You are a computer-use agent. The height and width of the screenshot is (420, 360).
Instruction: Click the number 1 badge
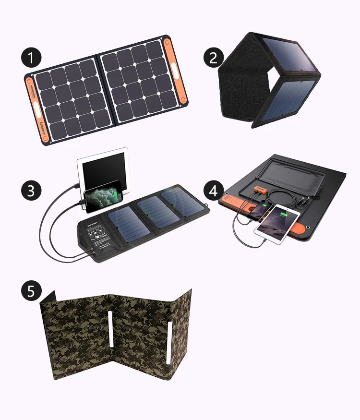tap(31, 58)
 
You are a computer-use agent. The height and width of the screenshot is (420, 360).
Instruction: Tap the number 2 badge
tap(214, 58)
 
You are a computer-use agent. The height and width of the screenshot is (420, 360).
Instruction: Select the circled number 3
tap(31, 190)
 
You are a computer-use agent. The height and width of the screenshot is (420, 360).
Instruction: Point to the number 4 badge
tap(214, 190)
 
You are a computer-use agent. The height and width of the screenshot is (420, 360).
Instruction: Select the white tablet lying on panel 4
tap(278, 223)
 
